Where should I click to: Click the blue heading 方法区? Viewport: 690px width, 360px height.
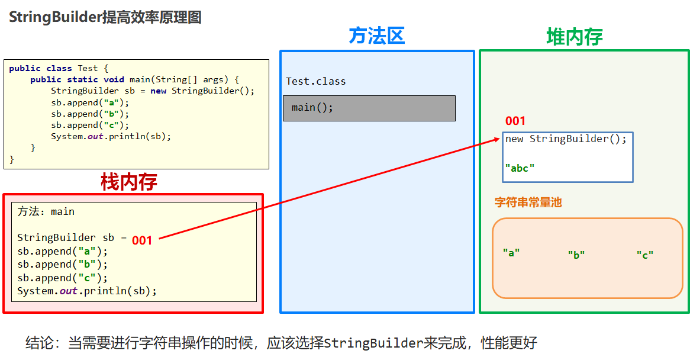pos(376,36)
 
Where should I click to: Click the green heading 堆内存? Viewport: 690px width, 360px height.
pos(574,37)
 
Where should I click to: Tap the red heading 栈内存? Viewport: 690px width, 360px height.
pos(128,182)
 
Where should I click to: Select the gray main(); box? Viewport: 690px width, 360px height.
pos(369,108)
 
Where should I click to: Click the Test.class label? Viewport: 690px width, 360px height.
pos(315,82)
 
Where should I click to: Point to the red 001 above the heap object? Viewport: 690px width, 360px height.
pos(515,121)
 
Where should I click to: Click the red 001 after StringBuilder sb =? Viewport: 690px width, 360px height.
pos(142,240)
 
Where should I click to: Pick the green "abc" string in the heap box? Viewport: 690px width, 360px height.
pos(520,168)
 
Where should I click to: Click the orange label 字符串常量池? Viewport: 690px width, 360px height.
pos(528,202)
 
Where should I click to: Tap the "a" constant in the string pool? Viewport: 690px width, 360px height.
pos(511,252)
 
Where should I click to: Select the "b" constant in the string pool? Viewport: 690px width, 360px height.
pos(576,255)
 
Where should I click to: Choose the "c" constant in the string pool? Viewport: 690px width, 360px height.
pos(644,255)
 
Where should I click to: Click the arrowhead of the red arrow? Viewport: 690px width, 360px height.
pos(498,140)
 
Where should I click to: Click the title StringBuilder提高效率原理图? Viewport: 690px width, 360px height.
pos(105,17)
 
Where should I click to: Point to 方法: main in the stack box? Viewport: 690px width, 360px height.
pos(46,211)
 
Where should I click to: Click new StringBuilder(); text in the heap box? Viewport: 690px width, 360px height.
pos(565,139)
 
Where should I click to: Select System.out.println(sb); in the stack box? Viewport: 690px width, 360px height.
pos(87,291)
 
